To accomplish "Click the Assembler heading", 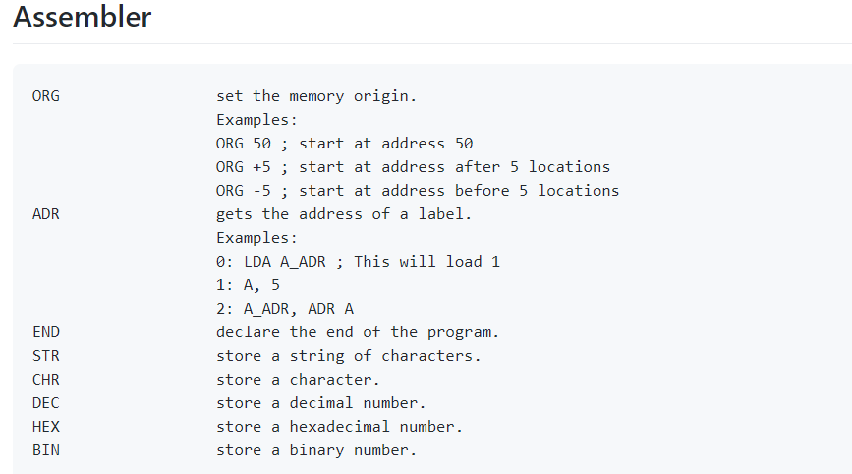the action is [82, 17].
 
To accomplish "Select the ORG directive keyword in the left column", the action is [46, 96].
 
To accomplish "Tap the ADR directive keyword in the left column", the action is [46, 214].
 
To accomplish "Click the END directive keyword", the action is [46, 332].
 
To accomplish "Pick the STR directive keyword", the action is [46, 356].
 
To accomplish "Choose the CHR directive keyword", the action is [46, 380].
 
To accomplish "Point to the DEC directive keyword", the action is [46, 403].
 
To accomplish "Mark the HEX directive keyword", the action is [46, 427].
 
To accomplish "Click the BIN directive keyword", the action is [46, 450].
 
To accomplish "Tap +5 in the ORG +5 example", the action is [261, 167].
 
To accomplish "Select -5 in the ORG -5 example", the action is [261, 191].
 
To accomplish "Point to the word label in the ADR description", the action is [440, 214].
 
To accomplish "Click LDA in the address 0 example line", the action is [257, 262].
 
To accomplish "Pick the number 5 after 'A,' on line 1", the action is [275, 285].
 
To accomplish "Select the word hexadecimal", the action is [340, 427].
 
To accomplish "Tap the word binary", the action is [316, 451].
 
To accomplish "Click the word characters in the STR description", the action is [427, 356].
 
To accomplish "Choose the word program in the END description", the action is [459, 332].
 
